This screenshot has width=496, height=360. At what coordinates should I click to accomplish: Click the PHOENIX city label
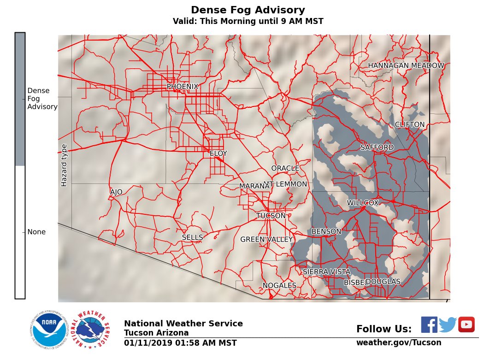pyautogui.click(x=183, y=87)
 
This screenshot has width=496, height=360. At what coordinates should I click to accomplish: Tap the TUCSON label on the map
pyautogui.click(x=271, y=216)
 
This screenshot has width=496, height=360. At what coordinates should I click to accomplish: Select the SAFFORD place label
pyautogui.click(x=377, y=148)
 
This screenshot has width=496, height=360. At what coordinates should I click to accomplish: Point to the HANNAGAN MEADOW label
pyautogui.click(x=406, y=66)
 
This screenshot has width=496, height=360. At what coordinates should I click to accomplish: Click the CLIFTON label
pyautogui.click(x=409, y=125)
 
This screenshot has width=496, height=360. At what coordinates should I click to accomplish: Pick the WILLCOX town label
pyautogui.click(x=363, y=203)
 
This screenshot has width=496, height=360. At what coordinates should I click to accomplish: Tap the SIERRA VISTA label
pyautogui.click(x=326, y=272)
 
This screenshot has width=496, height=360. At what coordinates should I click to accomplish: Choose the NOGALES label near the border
pyautogui.click(x=279, y=286)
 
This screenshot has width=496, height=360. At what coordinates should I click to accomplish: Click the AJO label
pyautogui.click(x=116, y=192)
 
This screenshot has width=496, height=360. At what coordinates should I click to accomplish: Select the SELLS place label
pyautogui.click(x=192, y=237)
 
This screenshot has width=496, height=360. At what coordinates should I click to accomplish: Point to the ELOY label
pyautogui.click(x=218, y=153)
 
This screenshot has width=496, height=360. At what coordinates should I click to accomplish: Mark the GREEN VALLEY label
pyautogui.click(x=266, y=240)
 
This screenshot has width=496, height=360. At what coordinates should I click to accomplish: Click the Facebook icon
pyautogui.click(x=429, y=325)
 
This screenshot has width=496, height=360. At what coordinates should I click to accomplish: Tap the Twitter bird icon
pyautogui.click(x=448, y=325)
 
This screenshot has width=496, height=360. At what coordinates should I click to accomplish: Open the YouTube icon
pyautogui.click(x=466, y=325)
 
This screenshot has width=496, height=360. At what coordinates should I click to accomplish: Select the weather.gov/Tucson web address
pyautogui.click(x=399, y=342)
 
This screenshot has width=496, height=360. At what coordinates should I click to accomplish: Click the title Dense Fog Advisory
pyautogui.click(x=248, y=10)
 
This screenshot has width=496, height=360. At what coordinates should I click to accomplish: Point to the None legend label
pyautogui.click(x=36, y=232)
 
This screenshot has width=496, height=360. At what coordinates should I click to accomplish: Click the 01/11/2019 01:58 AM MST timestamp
pyautogui.click(x=180, y=343)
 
